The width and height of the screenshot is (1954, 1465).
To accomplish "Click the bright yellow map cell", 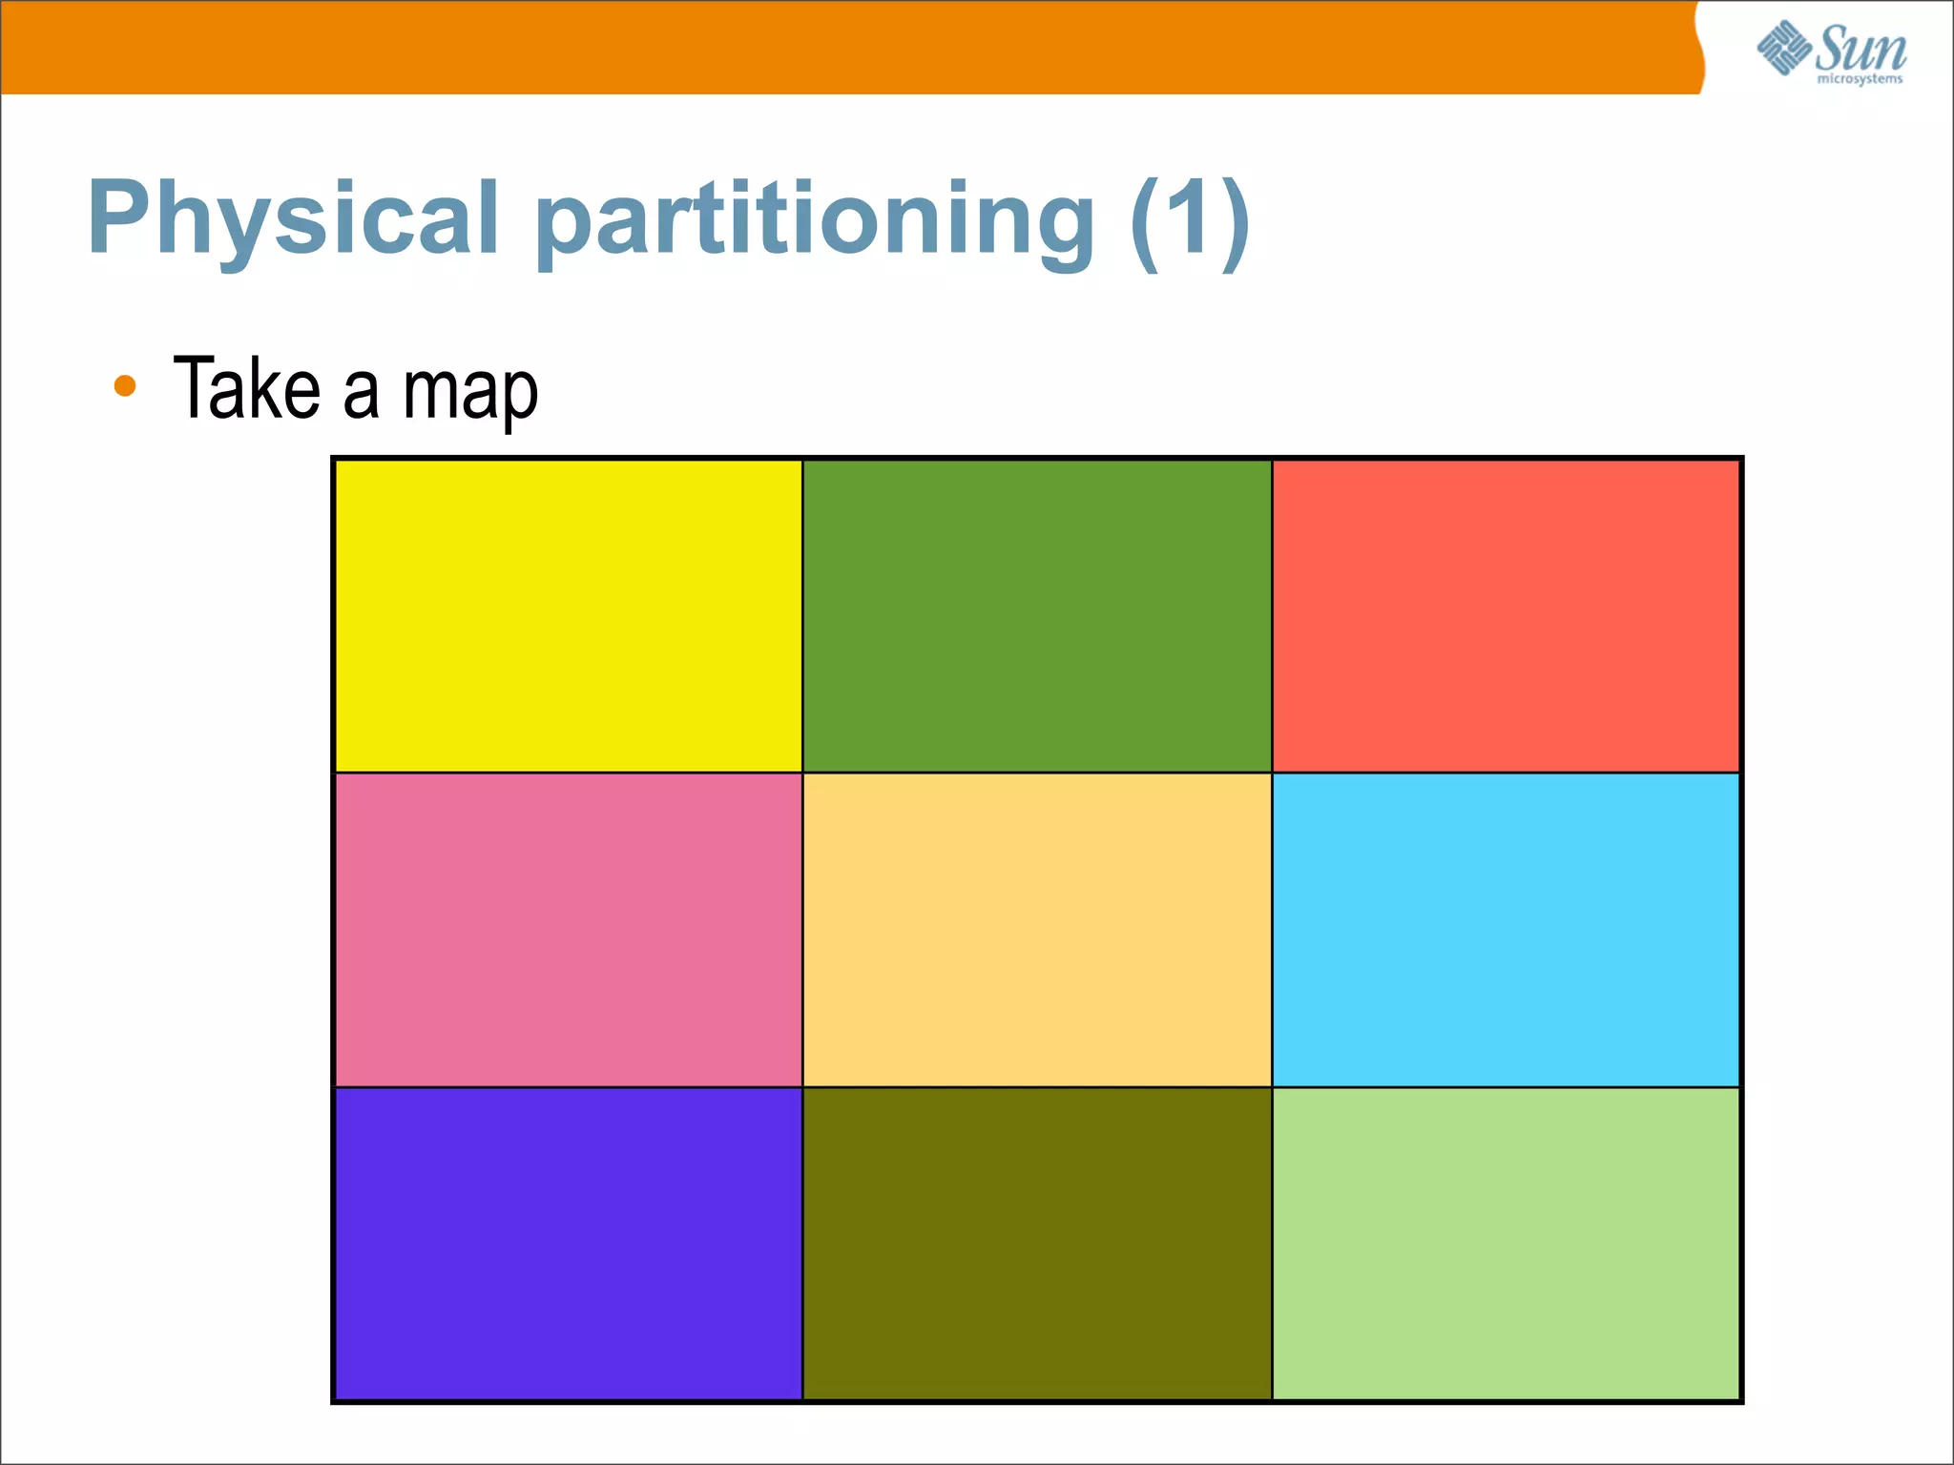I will coord(569,616).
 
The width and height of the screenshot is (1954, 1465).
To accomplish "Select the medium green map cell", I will coord(1037,616).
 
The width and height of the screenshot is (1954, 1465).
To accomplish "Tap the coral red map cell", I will coord(1506,616).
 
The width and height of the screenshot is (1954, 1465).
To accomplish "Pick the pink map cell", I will coord(569,930).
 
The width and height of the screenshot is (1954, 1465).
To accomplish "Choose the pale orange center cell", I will coord(1037,930).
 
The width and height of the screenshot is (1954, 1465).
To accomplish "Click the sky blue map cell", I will coord(1506,930).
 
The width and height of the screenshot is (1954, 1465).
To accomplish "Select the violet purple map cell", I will coord(569,1243).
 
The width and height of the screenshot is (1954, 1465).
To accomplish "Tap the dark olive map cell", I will coord(1037,1243).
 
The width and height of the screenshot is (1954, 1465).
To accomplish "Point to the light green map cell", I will coord(1506,1243).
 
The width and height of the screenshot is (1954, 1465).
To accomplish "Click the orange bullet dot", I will coord(125,386).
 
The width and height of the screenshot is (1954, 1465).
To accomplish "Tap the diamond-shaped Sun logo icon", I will coord(1783,48).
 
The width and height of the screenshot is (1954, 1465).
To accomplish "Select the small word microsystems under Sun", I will coord(1860,79).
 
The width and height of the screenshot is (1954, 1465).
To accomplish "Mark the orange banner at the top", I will coord(840,46).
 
